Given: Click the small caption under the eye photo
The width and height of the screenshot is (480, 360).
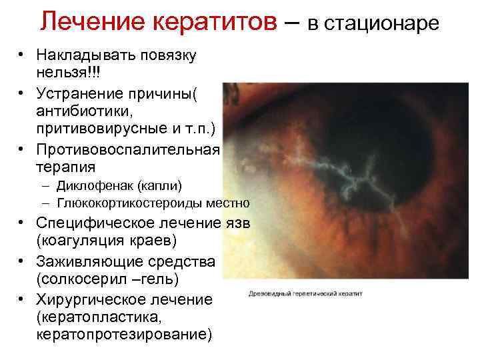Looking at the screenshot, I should (306, 293).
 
